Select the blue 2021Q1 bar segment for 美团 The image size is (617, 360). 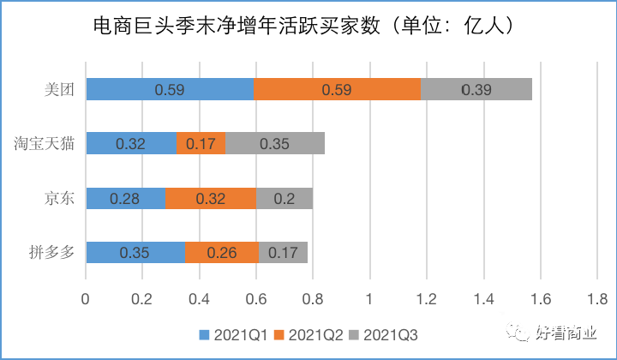169,88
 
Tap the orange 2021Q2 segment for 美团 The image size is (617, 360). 337,88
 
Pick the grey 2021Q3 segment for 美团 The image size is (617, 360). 476,88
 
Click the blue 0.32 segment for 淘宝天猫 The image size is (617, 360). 130,143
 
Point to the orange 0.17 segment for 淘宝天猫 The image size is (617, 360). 201,143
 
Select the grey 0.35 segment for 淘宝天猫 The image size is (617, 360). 275,143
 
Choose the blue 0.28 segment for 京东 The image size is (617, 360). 125,198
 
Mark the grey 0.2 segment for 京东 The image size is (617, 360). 285,198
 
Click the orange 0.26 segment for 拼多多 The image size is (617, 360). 221,253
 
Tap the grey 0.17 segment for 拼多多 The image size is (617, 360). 283,253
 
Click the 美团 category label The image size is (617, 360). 61,88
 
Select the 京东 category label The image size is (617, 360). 61,198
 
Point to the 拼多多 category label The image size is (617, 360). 53,253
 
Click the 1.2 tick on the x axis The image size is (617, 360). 426,299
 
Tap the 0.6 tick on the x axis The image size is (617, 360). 255,299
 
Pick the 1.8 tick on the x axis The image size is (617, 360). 596,299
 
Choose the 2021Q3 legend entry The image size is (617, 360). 387,333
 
